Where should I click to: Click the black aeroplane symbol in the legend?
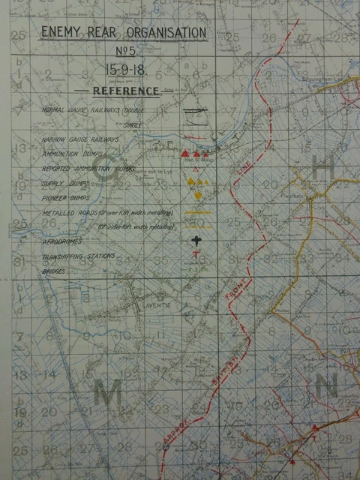(196, 240)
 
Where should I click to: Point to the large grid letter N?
(325, 387)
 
